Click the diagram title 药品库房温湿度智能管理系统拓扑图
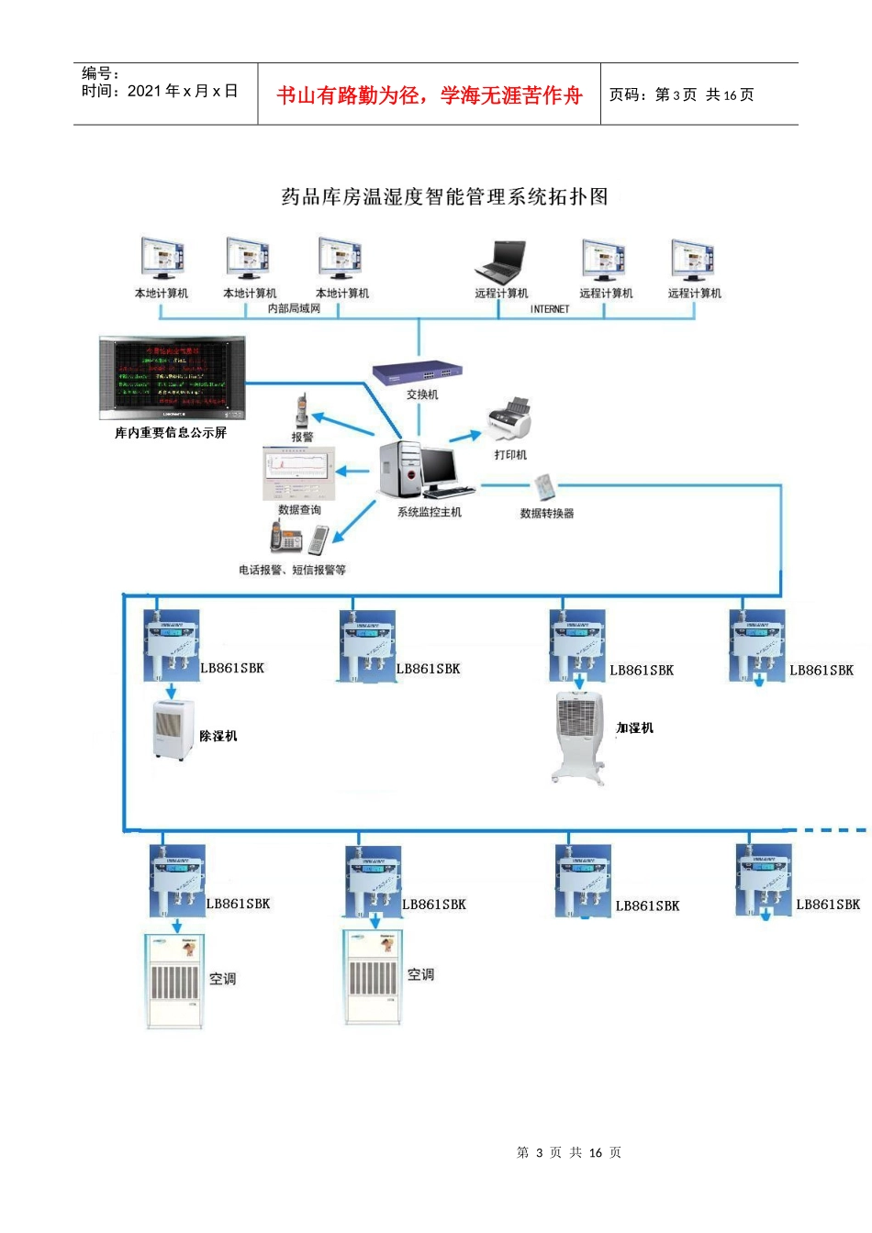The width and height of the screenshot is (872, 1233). (444, 197)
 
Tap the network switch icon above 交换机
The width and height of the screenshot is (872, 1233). (418, 372)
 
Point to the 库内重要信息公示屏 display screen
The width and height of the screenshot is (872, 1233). (173, 378)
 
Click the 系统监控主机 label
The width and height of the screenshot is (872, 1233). (429, 513)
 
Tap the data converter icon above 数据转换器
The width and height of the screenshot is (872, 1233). (544, 486)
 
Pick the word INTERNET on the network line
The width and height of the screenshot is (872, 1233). (550, 310)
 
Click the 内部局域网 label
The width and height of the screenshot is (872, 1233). (294, 309)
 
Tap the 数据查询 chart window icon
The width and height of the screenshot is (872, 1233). (299, 472)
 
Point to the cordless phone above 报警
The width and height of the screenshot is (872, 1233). (301, 412)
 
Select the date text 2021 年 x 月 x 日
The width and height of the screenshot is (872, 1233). (183, 92)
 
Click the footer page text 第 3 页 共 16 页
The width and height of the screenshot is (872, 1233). (569, 1152)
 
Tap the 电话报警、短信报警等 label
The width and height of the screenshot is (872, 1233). (292, 570)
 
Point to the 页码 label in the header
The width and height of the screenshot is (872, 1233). (629, 95)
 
